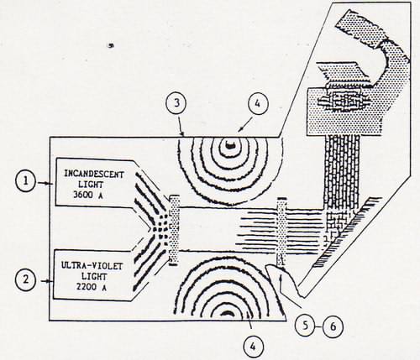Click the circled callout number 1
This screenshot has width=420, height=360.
26,181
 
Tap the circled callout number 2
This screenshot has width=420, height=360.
26,279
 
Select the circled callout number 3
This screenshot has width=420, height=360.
176,103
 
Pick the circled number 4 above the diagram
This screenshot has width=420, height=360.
258,103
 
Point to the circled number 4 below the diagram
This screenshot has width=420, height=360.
253,347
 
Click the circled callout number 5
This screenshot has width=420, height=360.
305,326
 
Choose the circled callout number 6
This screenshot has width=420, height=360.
333,326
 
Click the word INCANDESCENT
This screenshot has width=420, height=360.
94,175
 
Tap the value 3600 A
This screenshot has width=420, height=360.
88,195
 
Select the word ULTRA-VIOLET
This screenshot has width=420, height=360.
92,265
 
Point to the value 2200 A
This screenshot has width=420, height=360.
92,287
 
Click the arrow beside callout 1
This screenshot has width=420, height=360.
45,183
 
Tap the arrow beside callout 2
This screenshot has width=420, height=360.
47,281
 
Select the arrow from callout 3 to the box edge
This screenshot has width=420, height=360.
181,125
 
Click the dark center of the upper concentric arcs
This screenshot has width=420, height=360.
229,145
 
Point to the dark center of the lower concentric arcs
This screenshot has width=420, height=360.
228,313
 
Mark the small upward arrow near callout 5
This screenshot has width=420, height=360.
281,282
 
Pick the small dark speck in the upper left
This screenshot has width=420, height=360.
112,45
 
